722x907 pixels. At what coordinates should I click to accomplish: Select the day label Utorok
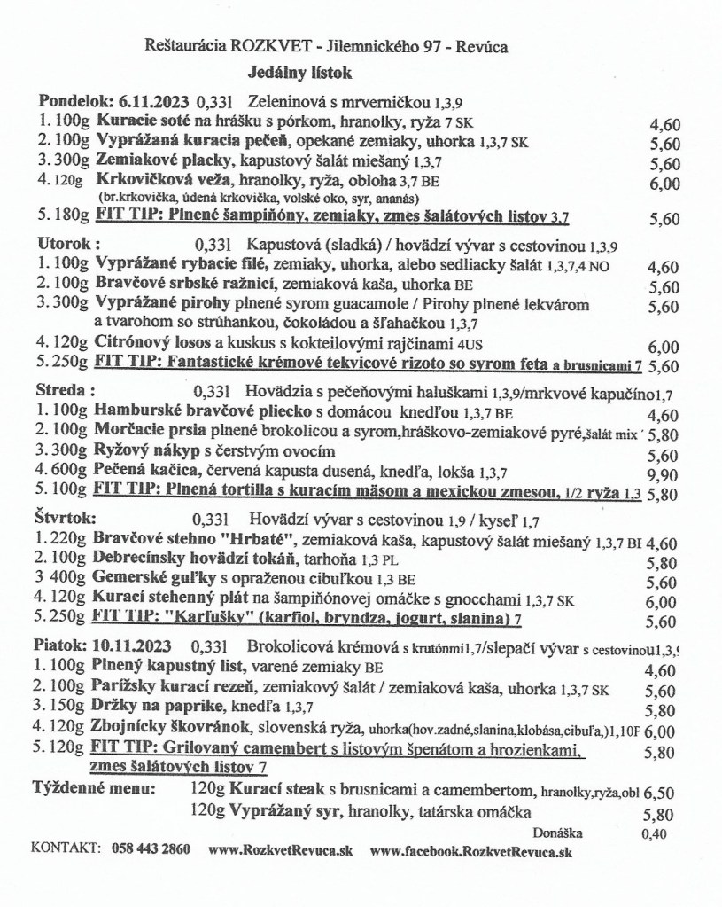(x=66, y=242)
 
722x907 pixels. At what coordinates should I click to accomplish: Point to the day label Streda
(x=63, y=388)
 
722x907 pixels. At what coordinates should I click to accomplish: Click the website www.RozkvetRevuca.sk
(x=280, y=850)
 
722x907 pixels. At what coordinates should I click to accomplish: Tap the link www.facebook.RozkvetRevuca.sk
(x=471, y=850)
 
